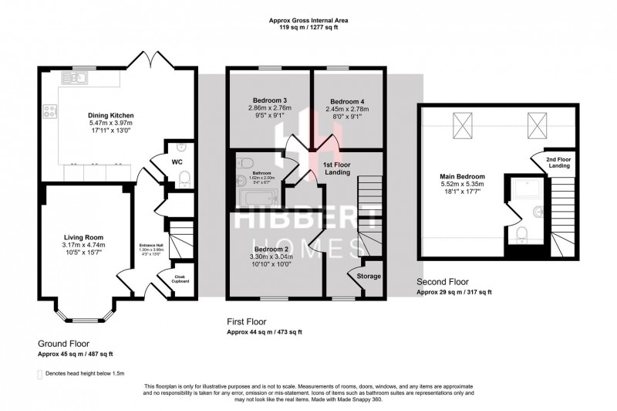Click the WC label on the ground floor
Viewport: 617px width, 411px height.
click(177, 162)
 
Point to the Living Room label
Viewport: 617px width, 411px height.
click(83, 237)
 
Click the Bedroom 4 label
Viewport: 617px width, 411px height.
click(347, 101)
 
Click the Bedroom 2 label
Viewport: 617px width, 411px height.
click(270, 250)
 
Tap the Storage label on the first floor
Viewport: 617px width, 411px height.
click(367, 275)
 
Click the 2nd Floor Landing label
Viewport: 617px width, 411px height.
click(558, 163)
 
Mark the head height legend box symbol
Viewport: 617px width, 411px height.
click(40, 374)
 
